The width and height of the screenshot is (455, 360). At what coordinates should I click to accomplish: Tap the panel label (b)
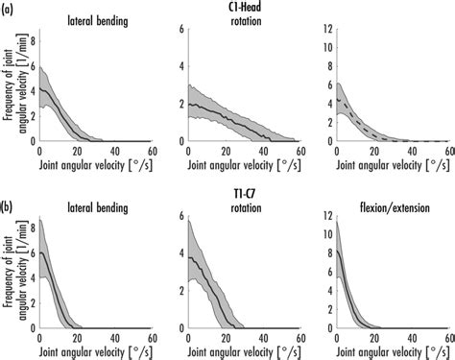(9, 192)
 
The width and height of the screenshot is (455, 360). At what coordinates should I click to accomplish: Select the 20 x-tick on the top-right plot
(371, 151)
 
